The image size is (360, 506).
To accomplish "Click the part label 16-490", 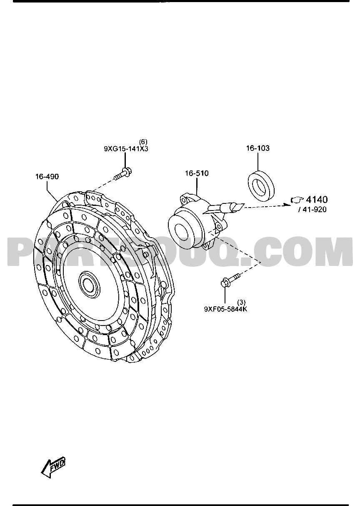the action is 47,176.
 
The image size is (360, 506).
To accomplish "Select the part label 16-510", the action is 197,173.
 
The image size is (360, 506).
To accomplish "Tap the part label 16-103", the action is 257,148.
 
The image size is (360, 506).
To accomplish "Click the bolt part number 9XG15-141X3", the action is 126,149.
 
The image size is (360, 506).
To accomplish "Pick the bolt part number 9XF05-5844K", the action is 226,309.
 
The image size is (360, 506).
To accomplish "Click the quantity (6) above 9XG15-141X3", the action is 143,142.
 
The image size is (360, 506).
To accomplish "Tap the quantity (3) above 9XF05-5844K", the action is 241,302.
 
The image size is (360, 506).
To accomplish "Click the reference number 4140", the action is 317,200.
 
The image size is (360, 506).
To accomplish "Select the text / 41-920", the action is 312,210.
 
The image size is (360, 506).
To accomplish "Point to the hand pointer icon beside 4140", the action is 297,200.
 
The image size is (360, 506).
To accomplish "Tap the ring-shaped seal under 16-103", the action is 261,185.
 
